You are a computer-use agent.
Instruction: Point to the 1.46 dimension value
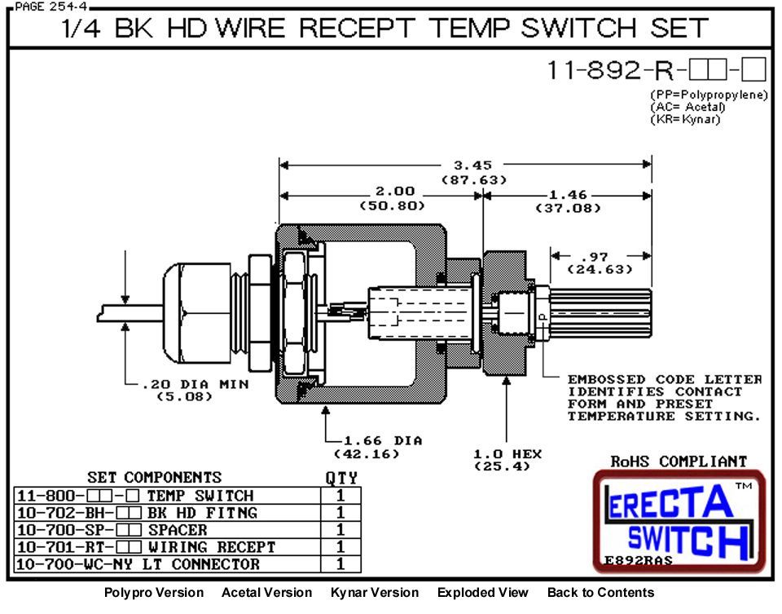[568, 196]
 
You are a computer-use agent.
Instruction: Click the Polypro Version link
[154, 593]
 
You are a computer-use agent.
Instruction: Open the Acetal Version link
[266, 593]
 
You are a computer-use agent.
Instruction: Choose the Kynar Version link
[374, 593]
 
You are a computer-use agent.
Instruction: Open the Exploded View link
[482, 593]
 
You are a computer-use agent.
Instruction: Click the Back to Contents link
[600, 593]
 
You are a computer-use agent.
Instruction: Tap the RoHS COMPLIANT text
[679, 462]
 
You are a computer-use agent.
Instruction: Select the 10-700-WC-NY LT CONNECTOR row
[138, 564]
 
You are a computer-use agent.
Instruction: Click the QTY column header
[340, 478]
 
